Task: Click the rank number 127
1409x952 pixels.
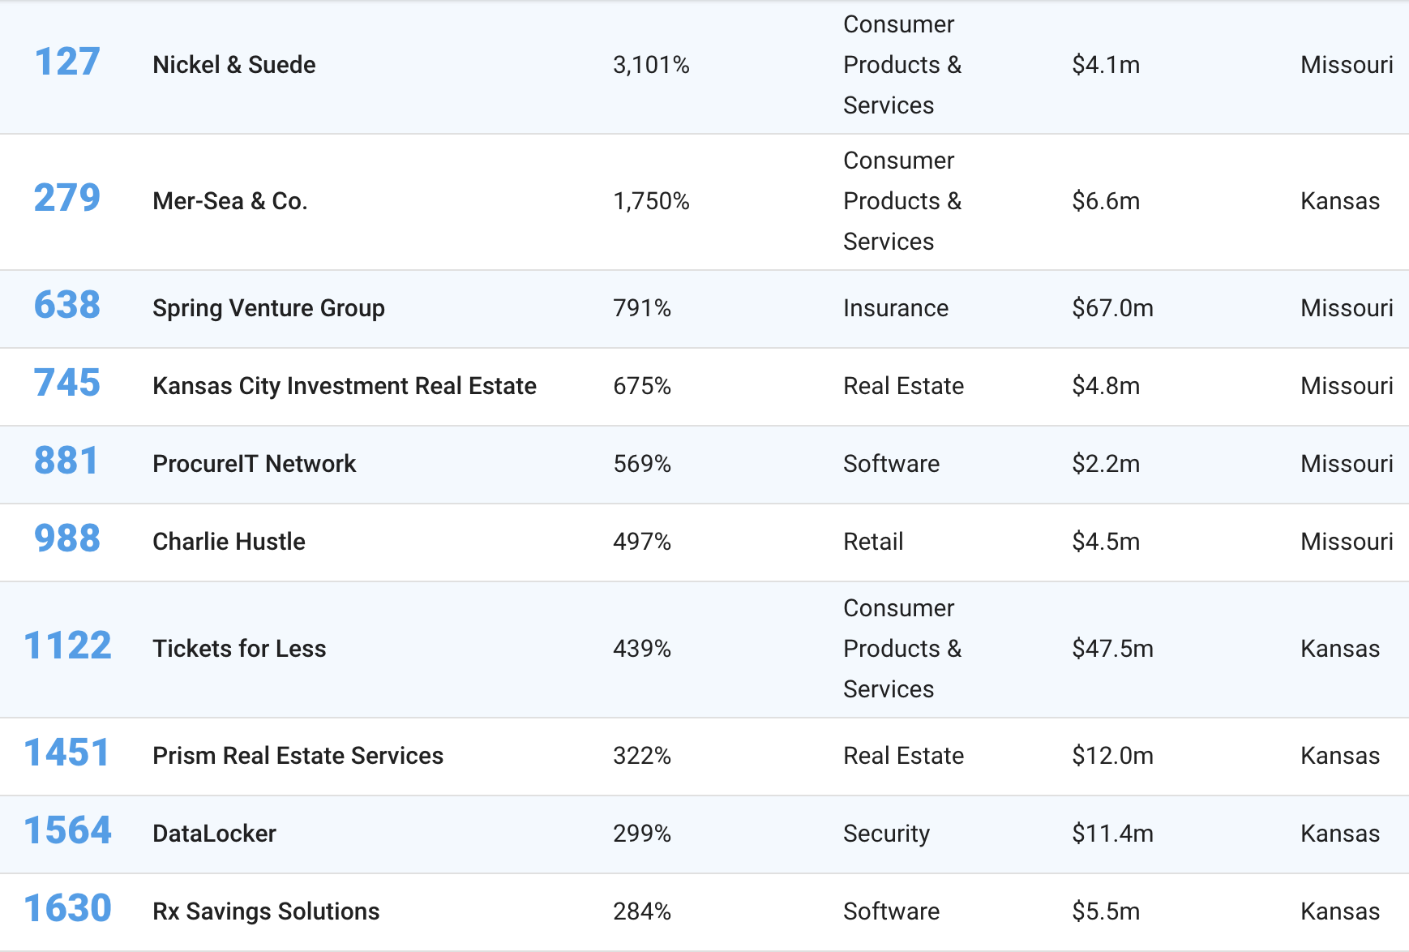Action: (x=67, y=62)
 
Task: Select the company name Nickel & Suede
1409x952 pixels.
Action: (x=233, y=65)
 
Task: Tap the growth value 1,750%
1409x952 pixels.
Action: (x=650, y=201)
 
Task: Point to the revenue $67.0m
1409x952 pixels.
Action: (x=1111, y=308)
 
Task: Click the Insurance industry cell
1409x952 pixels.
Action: (x=895, y=308)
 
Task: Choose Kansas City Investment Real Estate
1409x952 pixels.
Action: (x=344, y=386)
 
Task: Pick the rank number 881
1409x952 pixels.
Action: (x=66, y=461)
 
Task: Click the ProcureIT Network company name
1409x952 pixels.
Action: (x=254, y=464)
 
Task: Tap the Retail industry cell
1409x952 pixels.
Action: (x=872, y=542)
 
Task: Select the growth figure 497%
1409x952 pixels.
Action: (x=641, y=542)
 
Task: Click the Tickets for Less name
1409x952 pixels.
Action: (x=239, y=649)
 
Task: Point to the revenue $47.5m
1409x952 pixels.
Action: (x=1111, y=649)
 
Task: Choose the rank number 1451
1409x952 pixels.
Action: (x=67, y=753)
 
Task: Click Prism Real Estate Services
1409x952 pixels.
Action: (x=298, y=756)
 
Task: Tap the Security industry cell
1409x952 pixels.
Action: (x=886, y=834)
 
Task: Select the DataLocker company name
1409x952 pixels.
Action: (x=214, y=834)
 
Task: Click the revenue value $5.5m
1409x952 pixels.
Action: (x=1105, y=911)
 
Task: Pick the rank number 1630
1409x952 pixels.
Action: (x=67, y=909)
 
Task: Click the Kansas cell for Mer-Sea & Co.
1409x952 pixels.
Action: (x=1339, y=201)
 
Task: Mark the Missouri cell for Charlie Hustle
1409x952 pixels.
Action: (x=1346, y=542)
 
